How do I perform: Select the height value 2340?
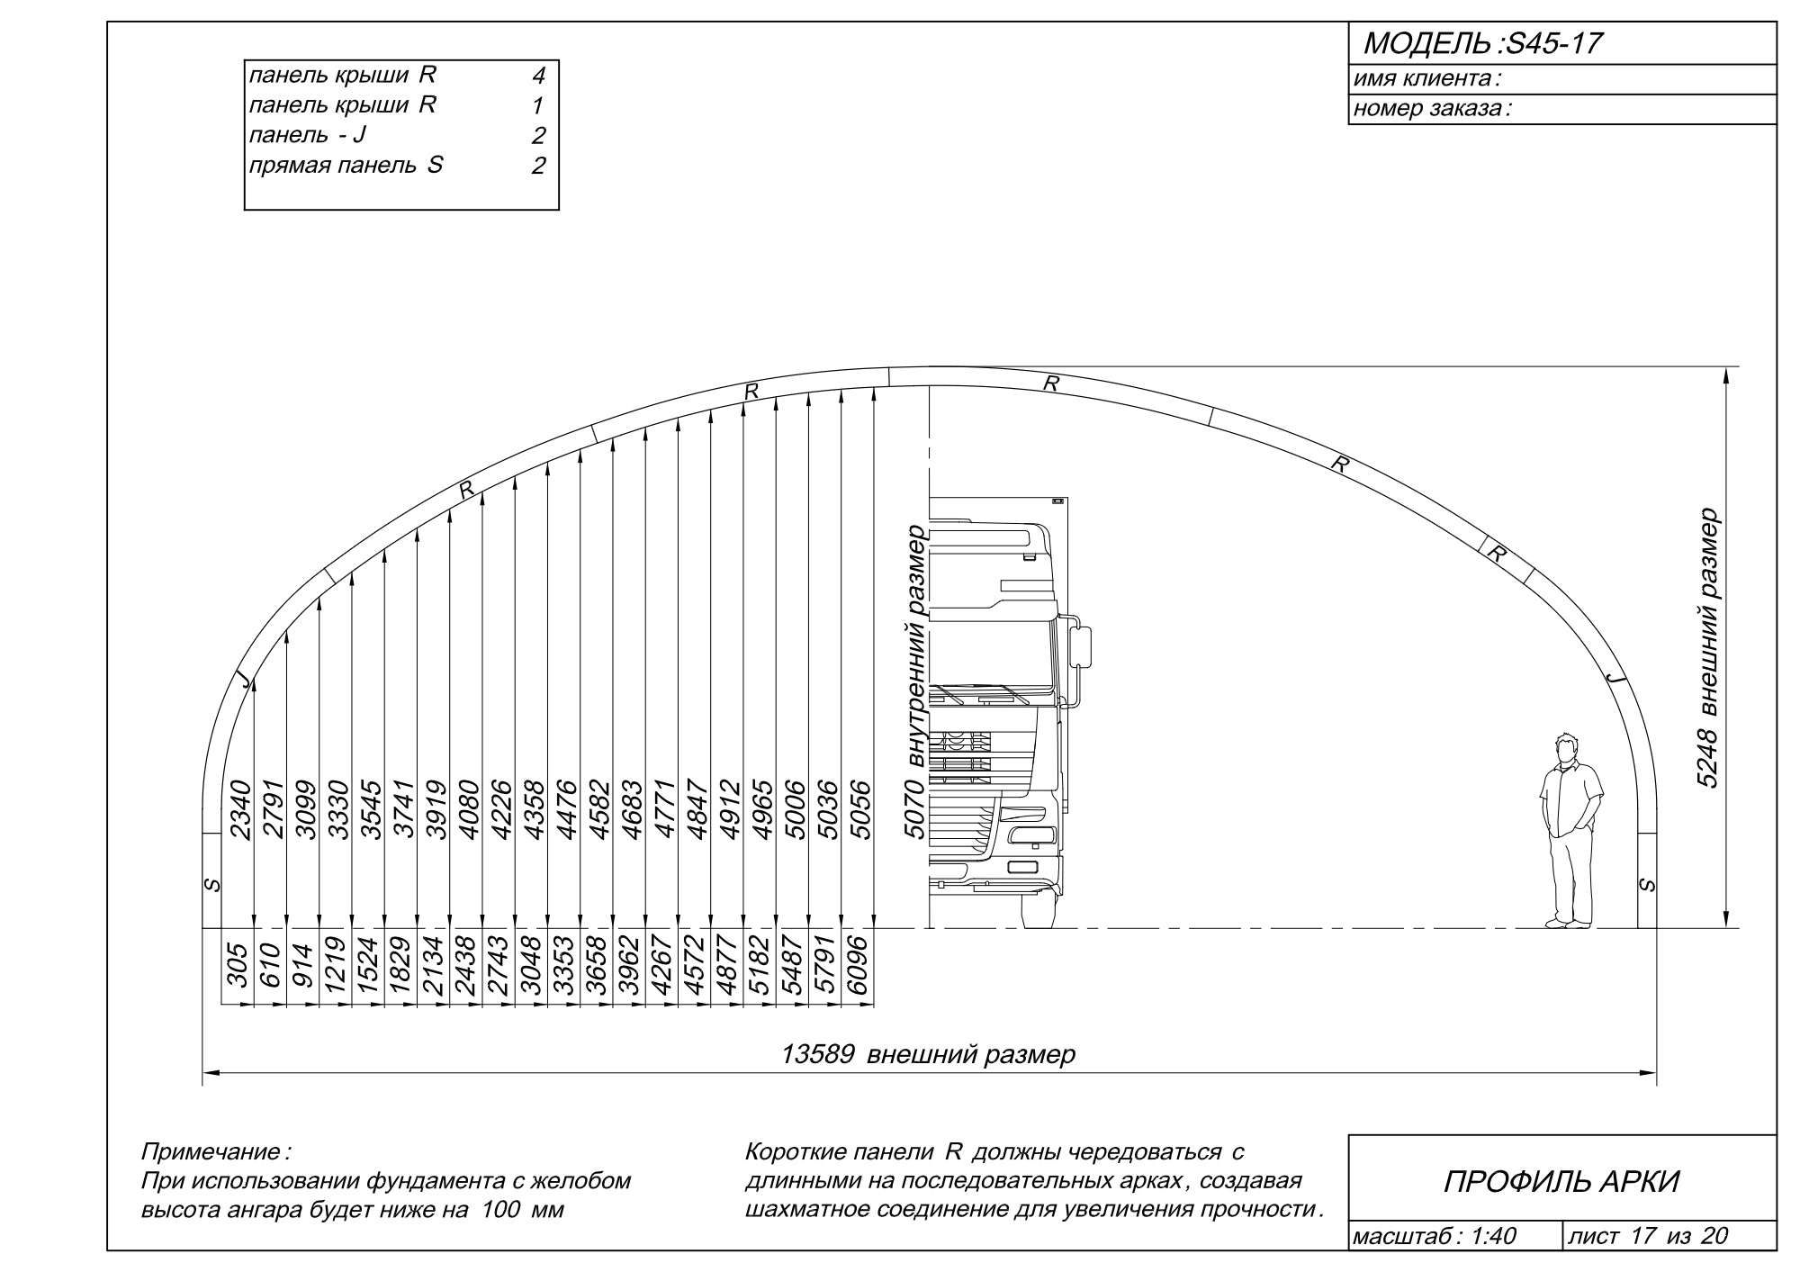pos(240,809)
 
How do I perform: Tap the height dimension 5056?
pos(860,809)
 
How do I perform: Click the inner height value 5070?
pos(914,809)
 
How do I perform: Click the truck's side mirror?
pos(1083,645)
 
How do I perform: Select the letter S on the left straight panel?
pos(212,885)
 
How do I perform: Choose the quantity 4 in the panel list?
pos(538,77)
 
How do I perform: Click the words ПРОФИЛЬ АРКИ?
pos(1561,1181)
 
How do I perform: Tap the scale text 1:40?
pos(1493,1237)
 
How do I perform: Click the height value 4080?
pos(469,809)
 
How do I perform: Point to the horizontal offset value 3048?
pos(532,966)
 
